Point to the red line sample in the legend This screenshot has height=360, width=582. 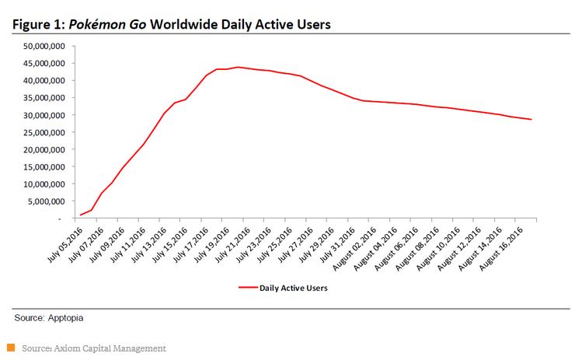pyautogui.click(x=247, y=288)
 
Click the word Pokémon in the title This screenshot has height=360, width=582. pyautogui.click(x=100, y=25)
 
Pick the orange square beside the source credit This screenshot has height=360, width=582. pyautogui.click(x=11, y=348)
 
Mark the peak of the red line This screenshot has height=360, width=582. pyautogui.click(x=239, y=67)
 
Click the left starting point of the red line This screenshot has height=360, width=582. pyautogui.click(x=80, y=215)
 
